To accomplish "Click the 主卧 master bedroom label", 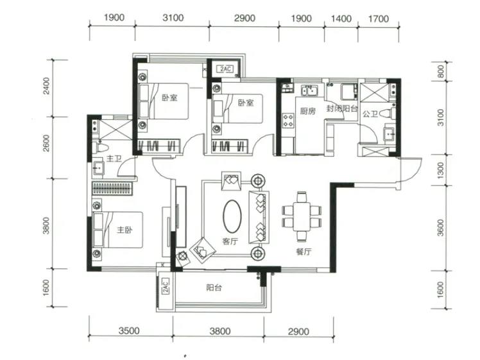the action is (124, 230).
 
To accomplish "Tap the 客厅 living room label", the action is (230, 241).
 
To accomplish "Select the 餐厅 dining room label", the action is (304, 252).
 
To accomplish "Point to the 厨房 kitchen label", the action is (307, 111).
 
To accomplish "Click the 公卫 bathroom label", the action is (370, 114).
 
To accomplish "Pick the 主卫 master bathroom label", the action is (114, 159).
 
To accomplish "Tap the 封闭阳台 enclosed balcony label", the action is (341, 108).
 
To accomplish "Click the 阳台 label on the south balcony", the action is (214, 287).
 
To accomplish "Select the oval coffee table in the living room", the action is (232, 216).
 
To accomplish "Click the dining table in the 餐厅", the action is (302, 217).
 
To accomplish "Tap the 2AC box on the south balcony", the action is (166, 286).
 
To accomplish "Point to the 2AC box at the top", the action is (225, 69).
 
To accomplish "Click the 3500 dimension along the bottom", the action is (129, 330).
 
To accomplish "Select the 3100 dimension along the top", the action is (173, 18).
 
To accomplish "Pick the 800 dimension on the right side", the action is (440, 72).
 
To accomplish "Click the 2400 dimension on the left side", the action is (46, 86).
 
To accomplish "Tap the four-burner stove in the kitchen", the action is (288, 120).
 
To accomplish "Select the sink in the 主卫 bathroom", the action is (99, 167).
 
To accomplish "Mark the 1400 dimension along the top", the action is (341, 19).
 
